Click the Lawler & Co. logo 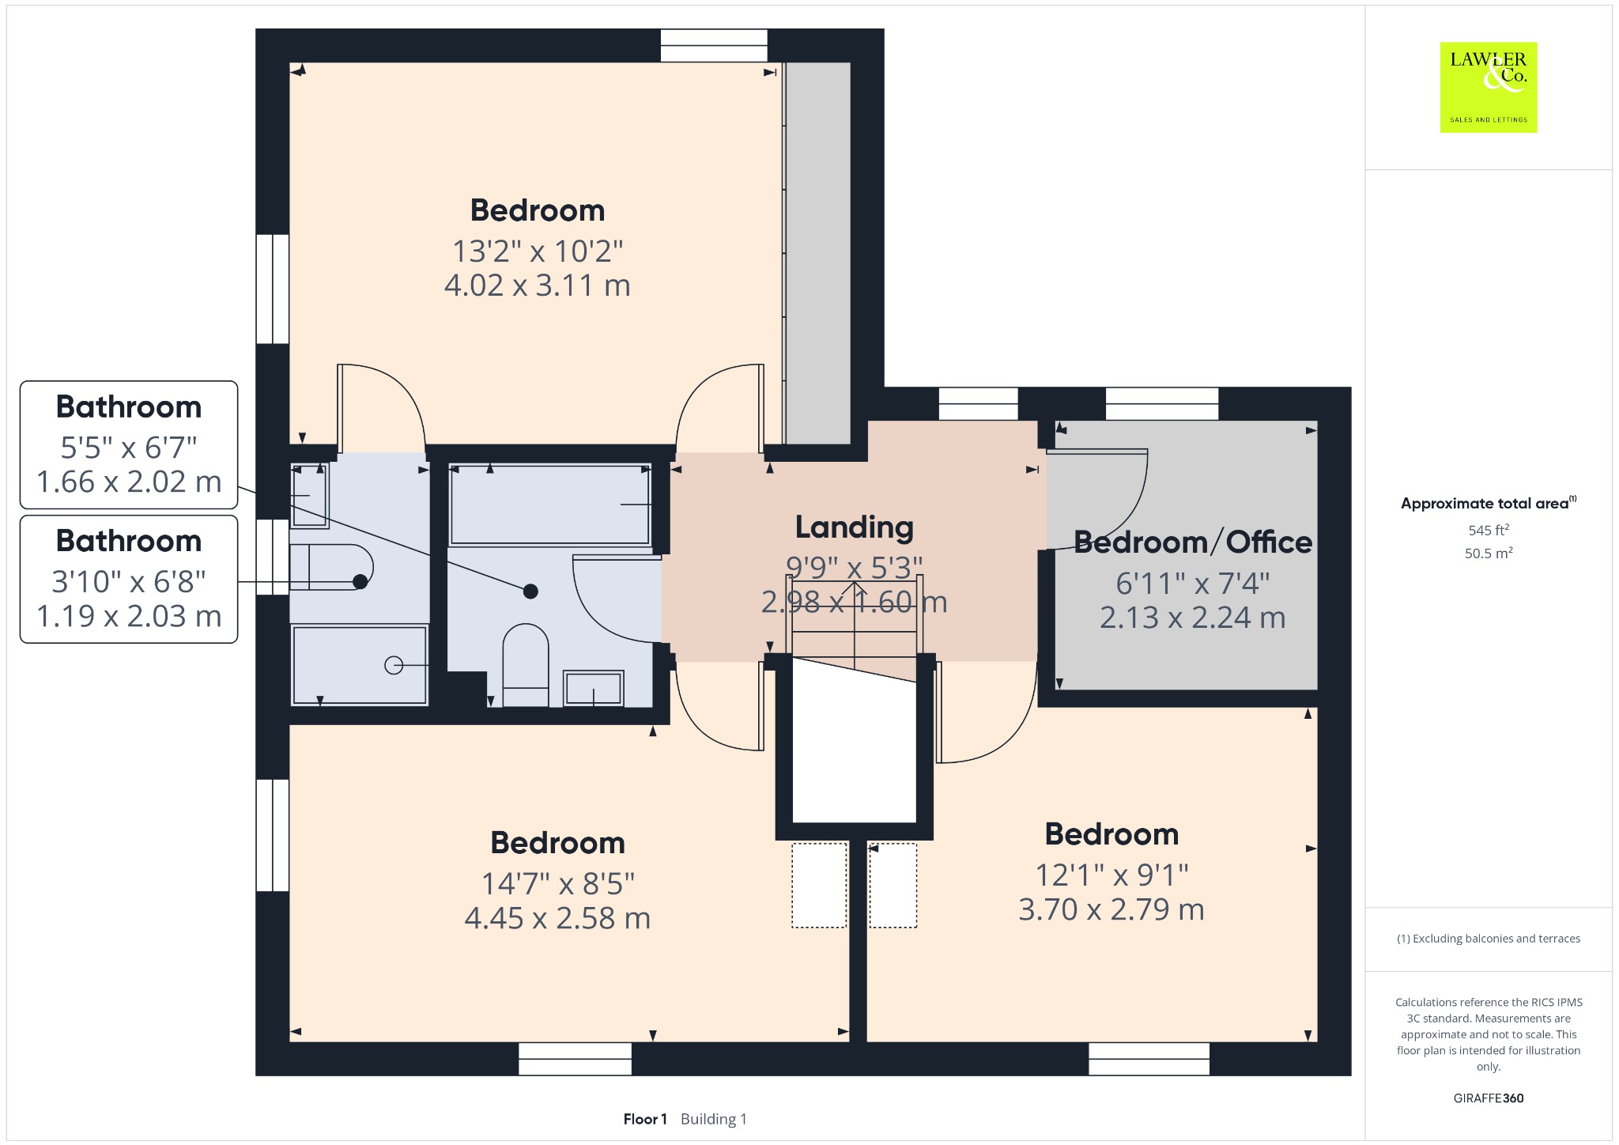click(1488, 87)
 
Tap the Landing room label click(854, 527)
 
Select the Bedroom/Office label click(1193, 542)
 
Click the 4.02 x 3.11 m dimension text click(538, 285)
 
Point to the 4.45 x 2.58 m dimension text click(557, 918)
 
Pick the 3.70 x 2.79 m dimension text click(1111, 909)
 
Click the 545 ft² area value click(1489, 530)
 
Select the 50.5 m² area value click(1489, 553)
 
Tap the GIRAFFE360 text click(1489, 1098)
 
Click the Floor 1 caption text click(645, 1119)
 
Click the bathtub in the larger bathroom click(549, 504)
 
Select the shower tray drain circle click(394, 666)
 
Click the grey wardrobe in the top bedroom click(817, 253)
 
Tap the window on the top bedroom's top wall click(714, 45)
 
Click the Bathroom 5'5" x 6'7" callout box click(129, 444)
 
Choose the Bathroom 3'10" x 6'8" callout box click(129, 579)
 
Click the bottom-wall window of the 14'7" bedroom click(575, 1059)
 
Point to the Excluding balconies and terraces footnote click(1489, 939)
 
